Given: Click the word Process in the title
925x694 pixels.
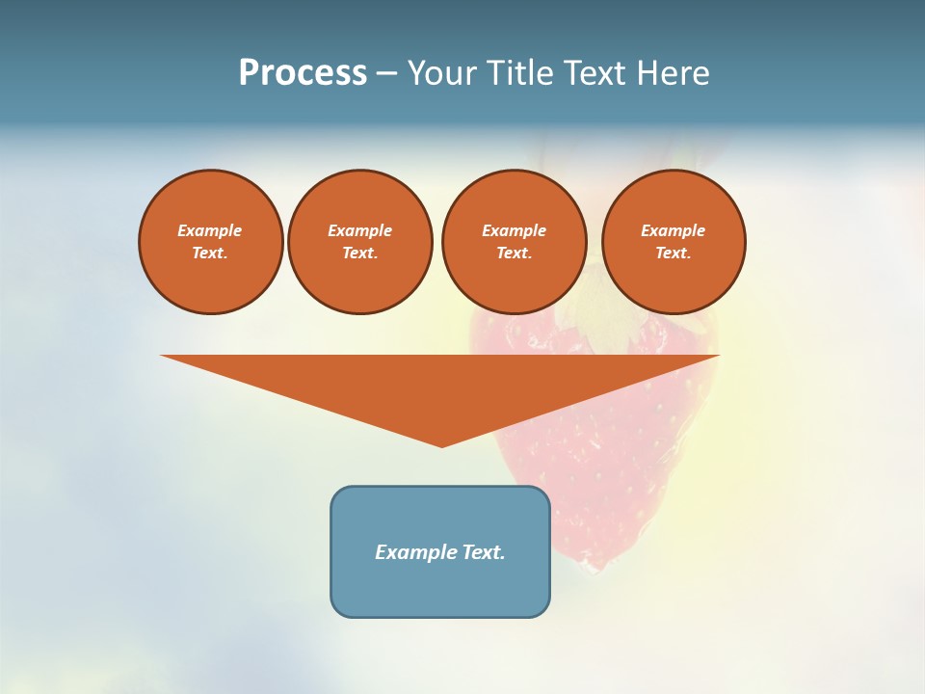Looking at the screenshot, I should click(303, 73).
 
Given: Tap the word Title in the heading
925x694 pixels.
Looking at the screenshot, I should click(520, 73).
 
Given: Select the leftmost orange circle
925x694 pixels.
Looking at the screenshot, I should click(211, 242).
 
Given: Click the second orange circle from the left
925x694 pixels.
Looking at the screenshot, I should click(360, 242).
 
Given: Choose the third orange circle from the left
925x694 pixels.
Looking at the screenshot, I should click(515, 242).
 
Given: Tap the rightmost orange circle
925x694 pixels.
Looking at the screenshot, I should click(674, 242).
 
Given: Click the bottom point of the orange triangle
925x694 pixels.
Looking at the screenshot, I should click(442, 444).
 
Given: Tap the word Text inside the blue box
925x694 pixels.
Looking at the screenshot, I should click(483, 552).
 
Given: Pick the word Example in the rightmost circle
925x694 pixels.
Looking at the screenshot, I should click(674, 230).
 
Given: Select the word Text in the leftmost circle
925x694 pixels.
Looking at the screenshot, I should click(210, 254).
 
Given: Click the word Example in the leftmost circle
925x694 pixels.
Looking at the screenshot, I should click(210, 230).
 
